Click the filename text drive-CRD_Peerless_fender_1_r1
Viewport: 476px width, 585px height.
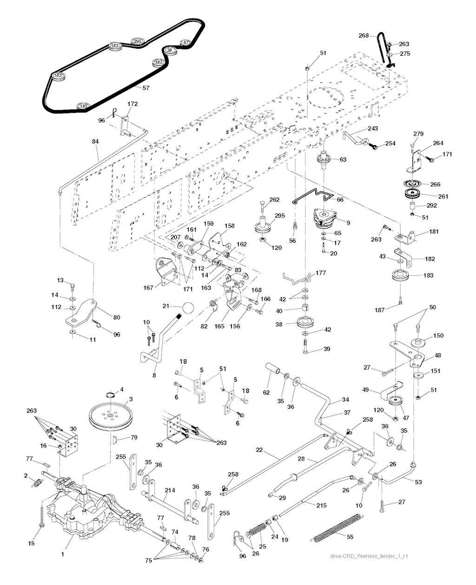click(372, 556)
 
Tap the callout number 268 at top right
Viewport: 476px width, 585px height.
click(364, 35)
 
